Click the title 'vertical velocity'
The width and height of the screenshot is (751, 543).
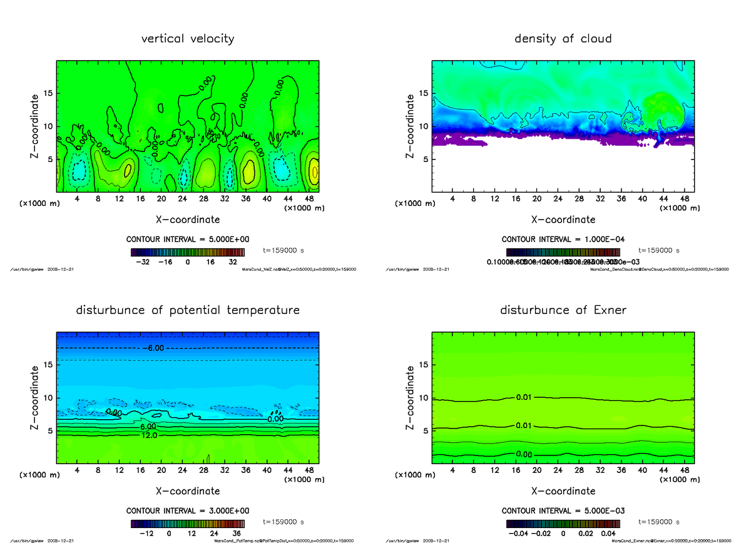pyautogui.click(x=187, y=39)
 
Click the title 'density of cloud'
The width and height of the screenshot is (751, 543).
pyautogui.click(x=563, y=39)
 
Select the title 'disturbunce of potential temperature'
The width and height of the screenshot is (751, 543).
pyautogui.click(x=187, y=310)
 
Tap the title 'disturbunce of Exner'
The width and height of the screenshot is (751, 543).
pyautogui.click(x=563, y=310)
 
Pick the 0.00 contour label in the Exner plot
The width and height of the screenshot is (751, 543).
pyautogui.click(x=524, y=454)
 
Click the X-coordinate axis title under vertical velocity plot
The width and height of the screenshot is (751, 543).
pyautogui.click(x=187, y=220)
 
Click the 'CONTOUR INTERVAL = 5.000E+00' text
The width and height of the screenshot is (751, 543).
pyautogui.click(x=187, y=240)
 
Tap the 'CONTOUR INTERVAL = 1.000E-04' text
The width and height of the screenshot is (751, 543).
pyautogui.click(x=563, y=240)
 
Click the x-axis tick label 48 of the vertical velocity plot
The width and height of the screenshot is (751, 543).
pyautogui.click(x=309, y=198)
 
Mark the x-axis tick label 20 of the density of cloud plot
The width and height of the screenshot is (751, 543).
pyautogui.click(x=536, y=198)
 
